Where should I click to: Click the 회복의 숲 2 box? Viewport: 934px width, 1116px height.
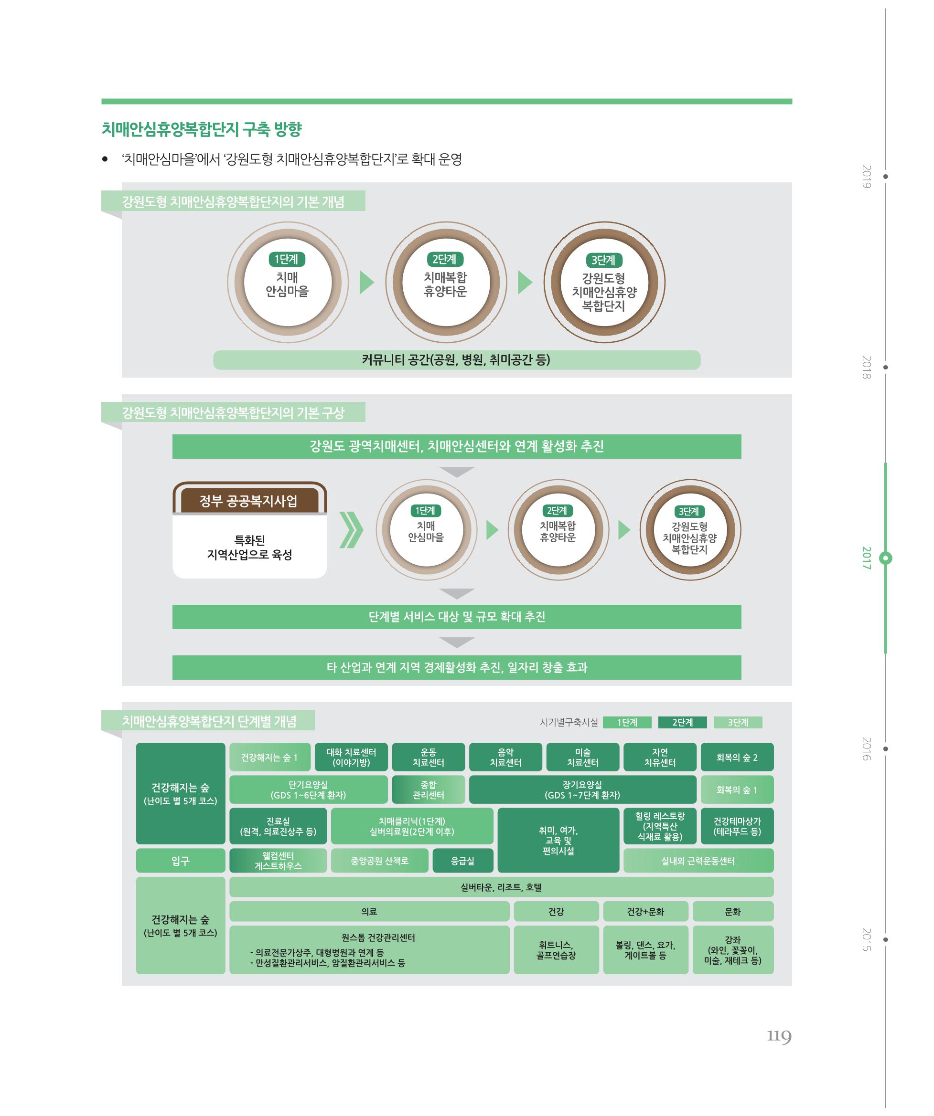coord(737,757)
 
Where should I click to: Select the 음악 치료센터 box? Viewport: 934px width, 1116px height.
coord(506,757)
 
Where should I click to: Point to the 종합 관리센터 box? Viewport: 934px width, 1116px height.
coord(429,790)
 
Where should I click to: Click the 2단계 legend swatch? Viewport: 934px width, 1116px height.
coord(682,722)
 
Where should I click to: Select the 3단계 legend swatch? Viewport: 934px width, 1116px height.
coord(738,722)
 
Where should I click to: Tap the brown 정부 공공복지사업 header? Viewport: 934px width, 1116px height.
coord(249,501)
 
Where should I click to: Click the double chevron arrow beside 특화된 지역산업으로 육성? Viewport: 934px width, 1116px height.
coord(351,529)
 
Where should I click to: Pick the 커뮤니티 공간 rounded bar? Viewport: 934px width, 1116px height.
coord(457,360)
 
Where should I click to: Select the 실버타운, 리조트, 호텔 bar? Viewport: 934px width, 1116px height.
coord(502,887)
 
